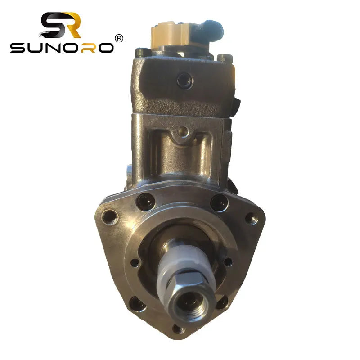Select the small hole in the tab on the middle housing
click(x=182, y=131)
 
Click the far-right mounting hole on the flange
click(x=251, y=218)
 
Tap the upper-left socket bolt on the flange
click(x=146, y=201)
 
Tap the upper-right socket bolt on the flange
click(x=219, y=202)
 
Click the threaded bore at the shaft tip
click(x=186, y=301)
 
